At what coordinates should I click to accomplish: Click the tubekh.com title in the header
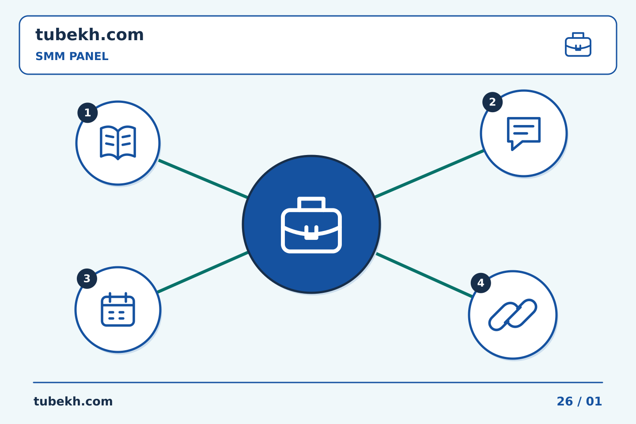pyautogui.click(x=89, y=34)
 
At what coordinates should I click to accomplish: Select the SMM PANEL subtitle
pyautogui.click(x=72, y=56)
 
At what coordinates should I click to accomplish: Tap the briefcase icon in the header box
pyautogui.click(x=578, y=45)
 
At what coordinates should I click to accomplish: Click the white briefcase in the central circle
pyautogui.click(x=311, y=225)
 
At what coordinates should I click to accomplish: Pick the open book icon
pyautogui.click(x=118, y=143)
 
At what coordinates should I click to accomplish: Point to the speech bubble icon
pyautogui.click(x=523, y=133)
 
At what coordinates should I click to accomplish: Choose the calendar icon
pyautogui.click(x=118, y=309)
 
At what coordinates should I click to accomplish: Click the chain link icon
pyautogui.click(x=512, y=315)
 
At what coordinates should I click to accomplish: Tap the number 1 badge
pyautogui.click(x=87, y=113)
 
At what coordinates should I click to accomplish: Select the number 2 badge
pyautogui.click(x=492, y=102)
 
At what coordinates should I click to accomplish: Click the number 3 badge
pyautogui.click(x=87, y=279)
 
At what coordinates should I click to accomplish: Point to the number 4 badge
pyautogui.click(x=481, y=283)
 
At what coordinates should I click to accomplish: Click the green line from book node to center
pyautogui.click(x=203, y=179)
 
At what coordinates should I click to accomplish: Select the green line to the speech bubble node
pyautogui.click(x=429, y=174)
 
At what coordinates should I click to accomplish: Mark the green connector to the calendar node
pyautogui.click(x=203, y=272)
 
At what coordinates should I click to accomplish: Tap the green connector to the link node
pyautogui.click(x=424, y=275)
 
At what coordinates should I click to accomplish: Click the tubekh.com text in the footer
pyautogui.click(x=73, y=401)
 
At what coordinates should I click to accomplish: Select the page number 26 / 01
pyautogui.click(x=579, y=401)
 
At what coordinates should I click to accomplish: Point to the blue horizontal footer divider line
pyautogui.click(x=318, y=382)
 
